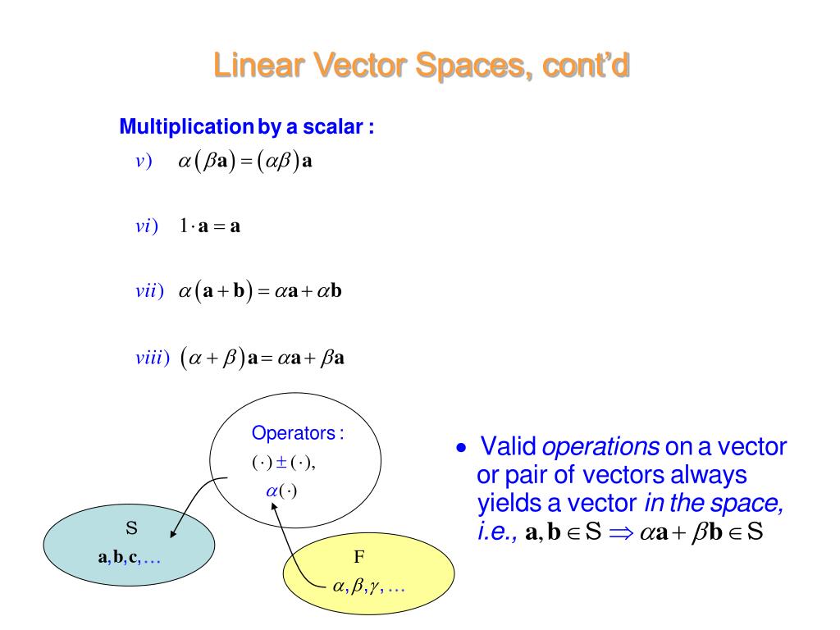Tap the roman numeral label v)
(x=144, y=161)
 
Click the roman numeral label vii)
(x=149, y=291)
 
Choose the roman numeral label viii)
(x=152, y=358)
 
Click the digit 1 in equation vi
(x=184, y=226)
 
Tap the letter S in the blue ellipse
(x=130, y=527)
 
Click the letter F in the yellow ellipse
(x=358, y=558)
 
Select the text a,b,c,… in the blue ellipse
(x=129, y=558)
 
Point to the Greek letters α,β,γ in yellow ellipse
(x=358, y=587)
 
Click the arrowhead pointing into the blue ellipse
(x=176, y=534)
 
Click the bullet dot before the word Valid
(x=462, y=449)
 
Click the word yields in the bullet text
(x=503, y=502)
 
